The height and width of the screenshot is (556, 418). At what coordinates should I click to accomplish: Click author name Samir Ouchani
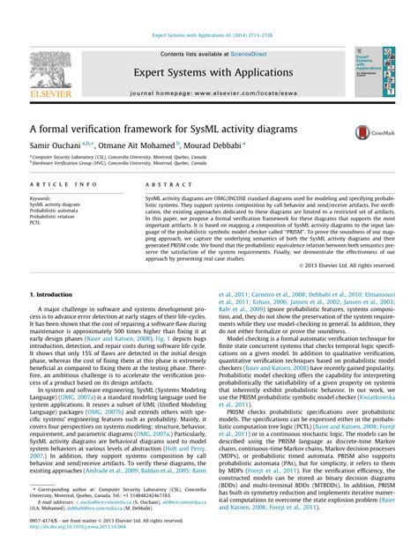pyautogui.click(x=57, y=146)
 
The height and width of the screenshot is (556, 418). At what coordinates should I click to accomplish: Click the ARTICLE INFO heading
pyautogui.click(x=63, y=184)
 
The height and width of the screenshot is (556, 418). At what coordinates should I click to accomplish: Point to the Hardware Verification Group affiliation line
pyautogui.click(x=120, y=162)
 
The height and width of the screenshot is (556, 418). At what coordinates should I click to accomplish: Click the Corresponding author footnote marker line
pyautogui.click(x=115, y=490)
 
